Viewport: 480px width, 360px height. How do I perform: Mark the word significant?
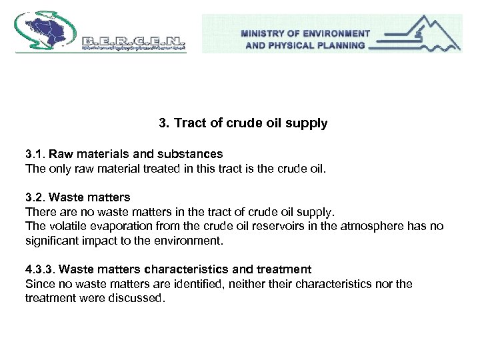[x=53, y=241]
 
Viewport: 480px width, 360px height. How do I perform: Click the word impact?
[x=101, y=241]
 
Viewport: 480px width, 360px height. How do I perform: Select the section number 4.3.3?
[x=39, y=269]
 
